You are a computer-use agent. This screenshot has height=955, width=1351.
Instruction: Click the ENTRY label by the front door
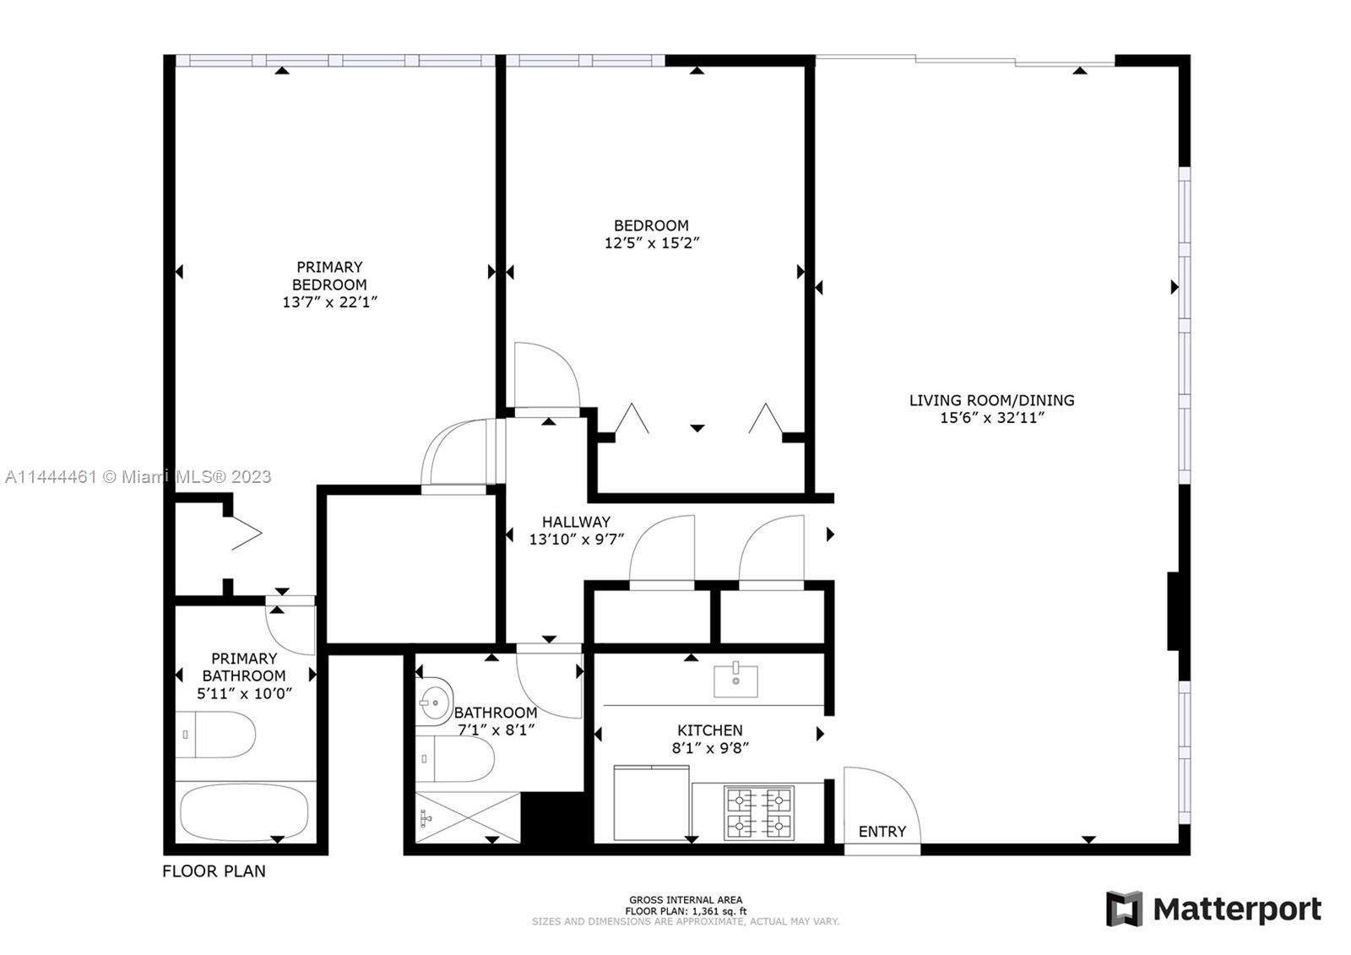coord(882,832)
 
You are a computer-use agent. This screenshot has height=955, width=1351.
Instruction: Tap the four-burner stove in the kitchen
coord(759,812)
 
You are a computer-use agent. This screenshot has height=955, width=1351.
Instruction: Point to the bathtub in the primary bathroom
coord(244,811)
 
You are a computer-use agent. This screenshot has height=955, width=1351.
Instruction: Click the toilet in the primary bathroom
coord(216,735)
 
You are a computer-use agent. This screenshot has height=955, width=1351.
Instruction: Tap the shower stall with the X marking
coord(468,817)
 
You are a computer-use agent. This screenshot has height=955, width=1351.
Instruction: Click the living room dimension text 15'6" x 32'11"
coord(991,417)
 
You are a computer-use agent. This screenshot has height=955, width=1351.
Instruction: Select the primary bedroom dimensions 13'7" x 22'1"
coord(329,301)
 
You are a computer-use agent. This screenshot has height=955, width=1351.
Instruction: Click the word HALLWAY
coord(576,522)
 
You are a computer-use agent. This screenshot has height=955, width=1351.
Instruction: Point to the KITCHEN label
coord(710,730)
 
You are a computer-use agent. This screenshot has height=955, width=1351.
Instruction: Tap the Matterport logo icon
coord(1124,908)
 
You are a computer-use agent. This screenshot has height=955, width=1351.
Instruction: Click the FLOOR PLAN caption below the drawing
coord(214,871)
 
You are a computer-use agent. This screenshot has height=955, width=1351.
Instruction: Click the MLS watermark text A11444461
coord(51,476)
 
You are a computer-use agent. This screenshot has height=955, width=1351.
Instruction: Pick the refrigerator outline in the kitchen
coord(651,802)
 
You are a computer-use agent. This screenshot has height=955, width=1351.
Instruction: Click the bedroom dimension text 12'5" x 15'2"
coord(651,242)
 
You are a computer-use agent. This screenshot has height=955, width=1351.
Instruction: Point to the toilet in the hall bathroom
coord(455,758)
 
